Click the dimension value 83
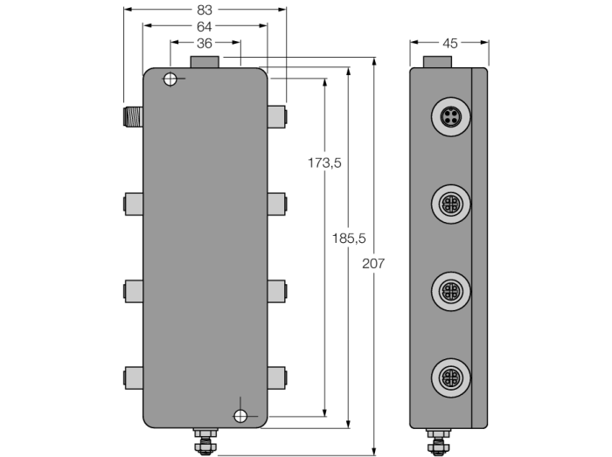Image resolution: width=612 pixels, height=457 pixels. pos(204,10)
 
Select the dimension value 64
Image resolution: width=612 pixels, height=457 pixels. pos(204,26)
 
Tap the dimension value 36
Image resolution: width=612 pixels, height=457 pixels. pos(205,44)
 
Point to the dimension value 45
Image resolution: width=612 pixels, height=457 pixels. pos(450,44)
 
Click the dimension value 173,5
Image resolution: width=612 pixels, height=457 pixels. pos(324,163)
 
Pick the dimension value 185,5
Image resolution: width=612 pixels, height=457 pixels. pos(349,239)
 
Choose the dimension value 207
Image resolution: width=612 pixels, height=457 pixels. pos(373,264)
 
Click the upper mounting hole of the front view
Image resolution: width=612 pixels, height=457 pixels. pos(170,80)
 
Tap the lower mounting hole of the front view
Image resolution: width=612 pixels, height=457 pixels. pos(240,416)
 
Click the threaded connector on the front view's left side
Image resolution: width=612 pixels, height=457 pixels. pos(133,116)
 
